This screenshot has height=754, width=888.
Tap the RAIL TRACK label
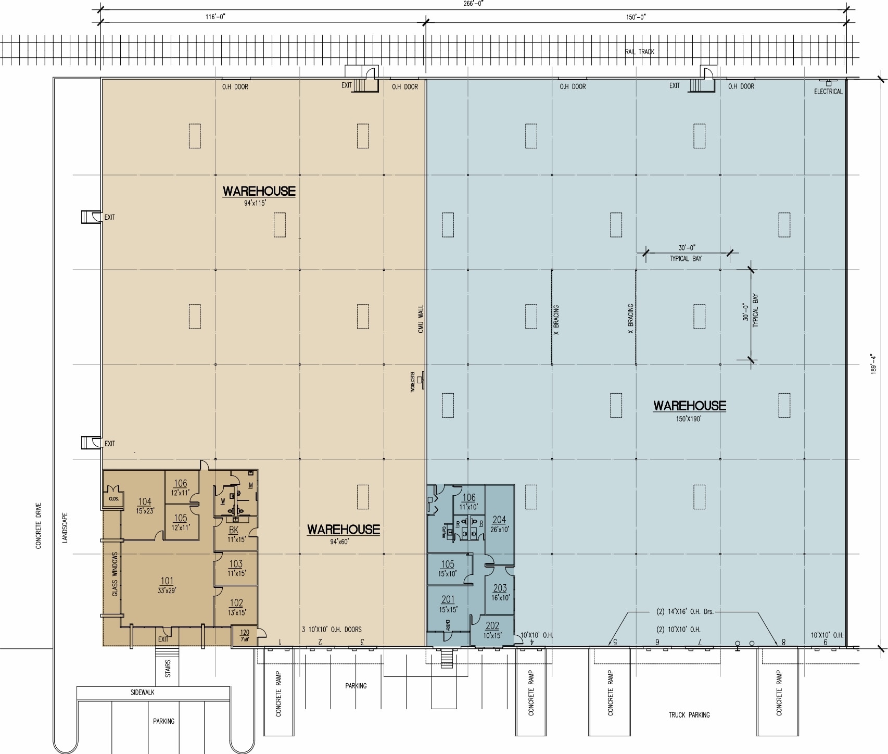click(x=639, y=52)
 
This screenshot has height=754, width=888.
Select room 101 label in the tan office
click(x=167, y=582)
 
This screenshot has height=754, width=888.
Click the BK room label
click(x=233, y=531)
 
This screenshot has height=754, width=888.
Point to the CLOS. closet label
click(x=113, y=498)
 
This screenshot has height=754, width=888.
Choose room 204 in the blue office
click(x=499, y=520)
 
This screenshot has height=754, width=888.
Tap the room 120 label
click(x=245, y=633)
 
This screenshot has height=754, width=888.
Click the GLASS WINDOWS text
click(x=115, y=574)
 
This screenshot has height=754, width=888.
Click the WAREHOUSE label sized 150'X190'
click(x=689, y=405)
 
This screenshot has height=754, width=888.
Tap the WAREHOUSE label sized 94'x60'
click(x=343, y=530)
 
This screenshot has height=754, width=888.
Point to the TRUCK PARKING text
click(x=689, y=715)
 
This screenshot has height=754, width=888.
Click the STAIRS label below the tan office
click(x=168, y=669)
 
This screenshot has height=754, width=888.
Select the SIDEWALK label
click(x=142, y=693)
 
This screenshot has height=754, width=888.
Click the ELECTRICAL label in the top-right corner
click(x=828, y=92)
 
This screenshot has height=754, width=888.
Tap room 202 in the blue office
click(x=492, y=626)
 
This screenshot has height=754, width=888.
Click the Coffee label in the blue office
click(x=444, y=531)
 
